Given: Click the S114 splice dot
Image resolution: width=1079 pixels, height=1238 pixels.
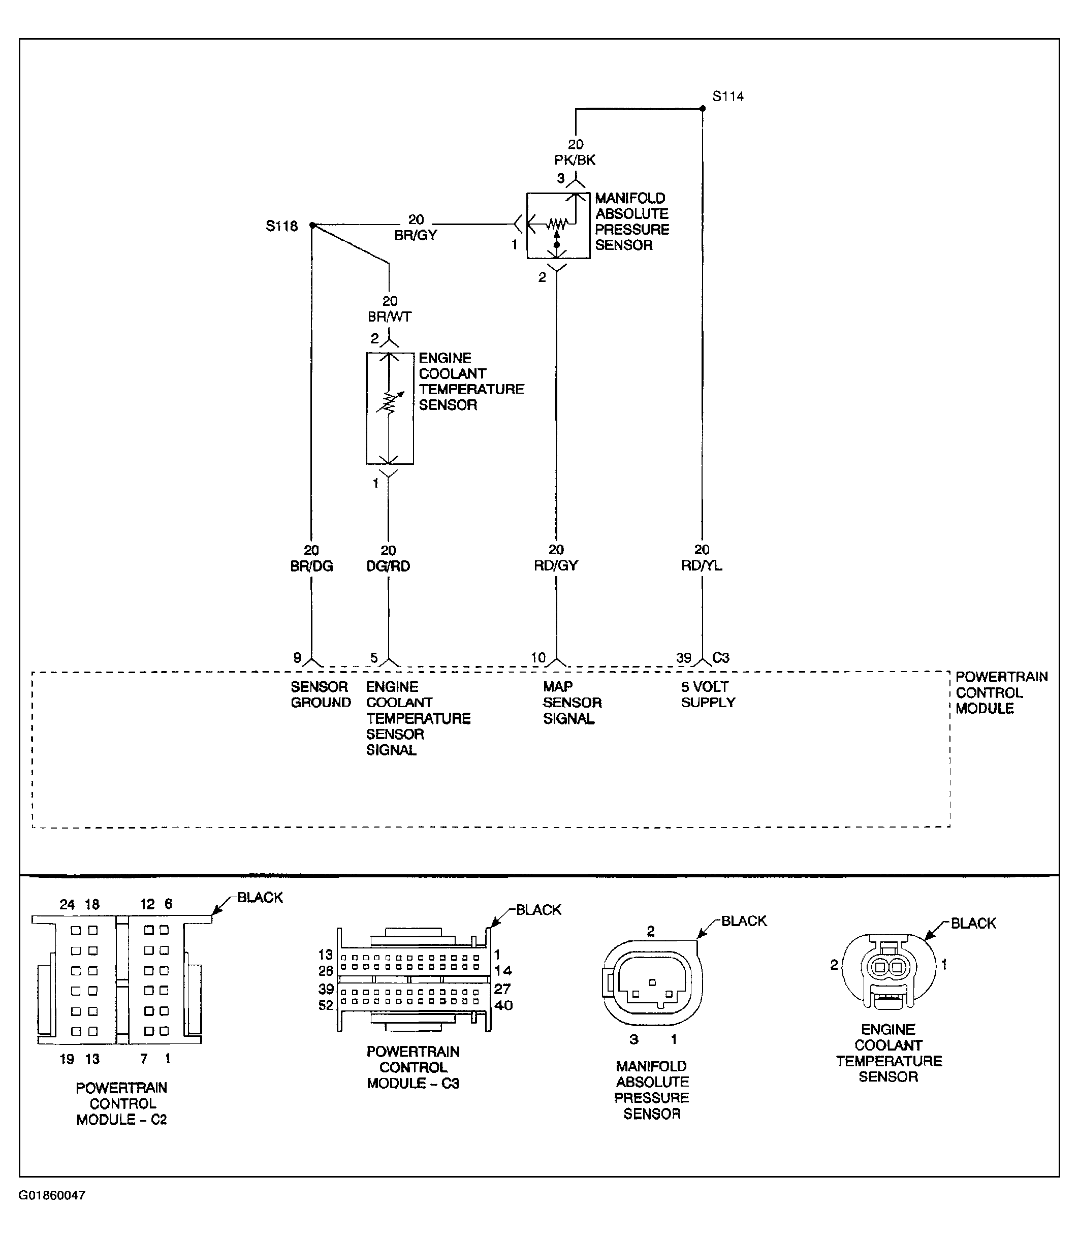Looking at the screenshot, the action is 702,108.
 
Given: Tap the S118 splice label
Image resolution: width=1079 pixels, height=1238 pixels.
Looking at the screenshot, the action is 282,227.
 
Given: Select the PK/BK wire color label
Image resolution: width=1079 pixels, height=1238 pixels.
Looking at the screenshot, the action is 575,160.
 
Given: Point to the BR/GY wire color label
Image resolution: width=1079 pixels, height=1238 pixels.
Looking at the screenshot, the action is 416,235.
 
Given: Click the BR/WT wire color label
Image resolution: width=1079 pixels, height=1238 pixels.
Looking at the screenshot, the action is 390,316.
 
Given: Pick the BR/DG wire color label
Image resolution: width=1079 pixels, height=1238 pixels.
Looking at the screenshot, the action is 311,566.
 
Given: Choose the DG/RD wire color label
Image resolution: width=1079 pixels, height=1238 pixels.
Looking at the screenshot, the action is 388,566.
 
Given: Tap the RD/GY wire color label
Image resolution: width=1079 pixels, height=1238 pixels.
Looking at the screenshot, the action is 556,565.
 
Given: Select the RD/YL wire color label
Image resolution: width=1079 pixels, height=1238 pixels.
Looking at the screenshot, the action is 702,565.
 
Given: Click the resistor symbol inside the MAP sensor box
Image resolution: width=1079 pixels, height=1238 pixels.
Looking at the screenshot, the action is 558,225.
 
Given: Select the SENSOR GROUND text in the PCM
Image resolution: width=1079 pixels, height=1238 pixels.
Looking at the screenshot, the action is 321,695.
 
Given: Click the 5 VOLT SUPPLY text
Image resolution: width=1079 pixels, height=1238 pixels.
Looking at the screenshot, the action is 708,695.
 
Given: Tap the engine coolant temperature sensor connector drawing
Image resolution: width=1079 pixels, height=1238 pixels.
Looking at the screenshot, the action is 888,971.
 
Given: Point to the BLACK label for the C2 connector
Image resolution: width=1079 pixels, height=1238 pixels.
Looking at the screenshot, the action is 260,897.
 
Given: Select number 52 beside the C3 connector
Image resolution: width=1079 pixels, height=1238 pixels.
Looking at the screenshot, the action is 326,1005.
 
